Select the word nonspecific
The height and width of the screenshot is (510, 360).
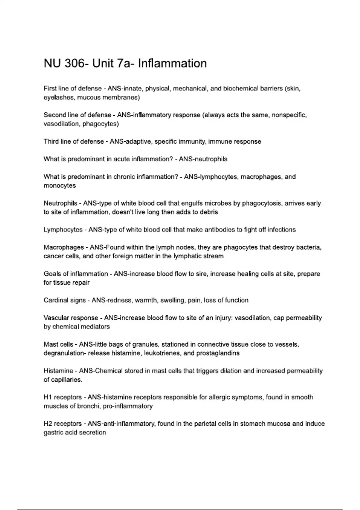click(289, 115)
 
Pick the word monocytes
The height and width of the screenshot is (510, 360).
click(60, 186)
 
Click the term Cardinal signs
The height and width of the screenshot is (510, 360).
click(64, 300)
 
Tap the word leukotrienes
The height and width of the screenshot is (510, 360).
click(162, 353)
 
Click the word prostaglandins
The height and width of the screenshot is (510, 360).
click(218, 353)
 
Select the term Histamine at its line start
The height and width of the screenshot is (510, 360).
click(58, 371)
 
